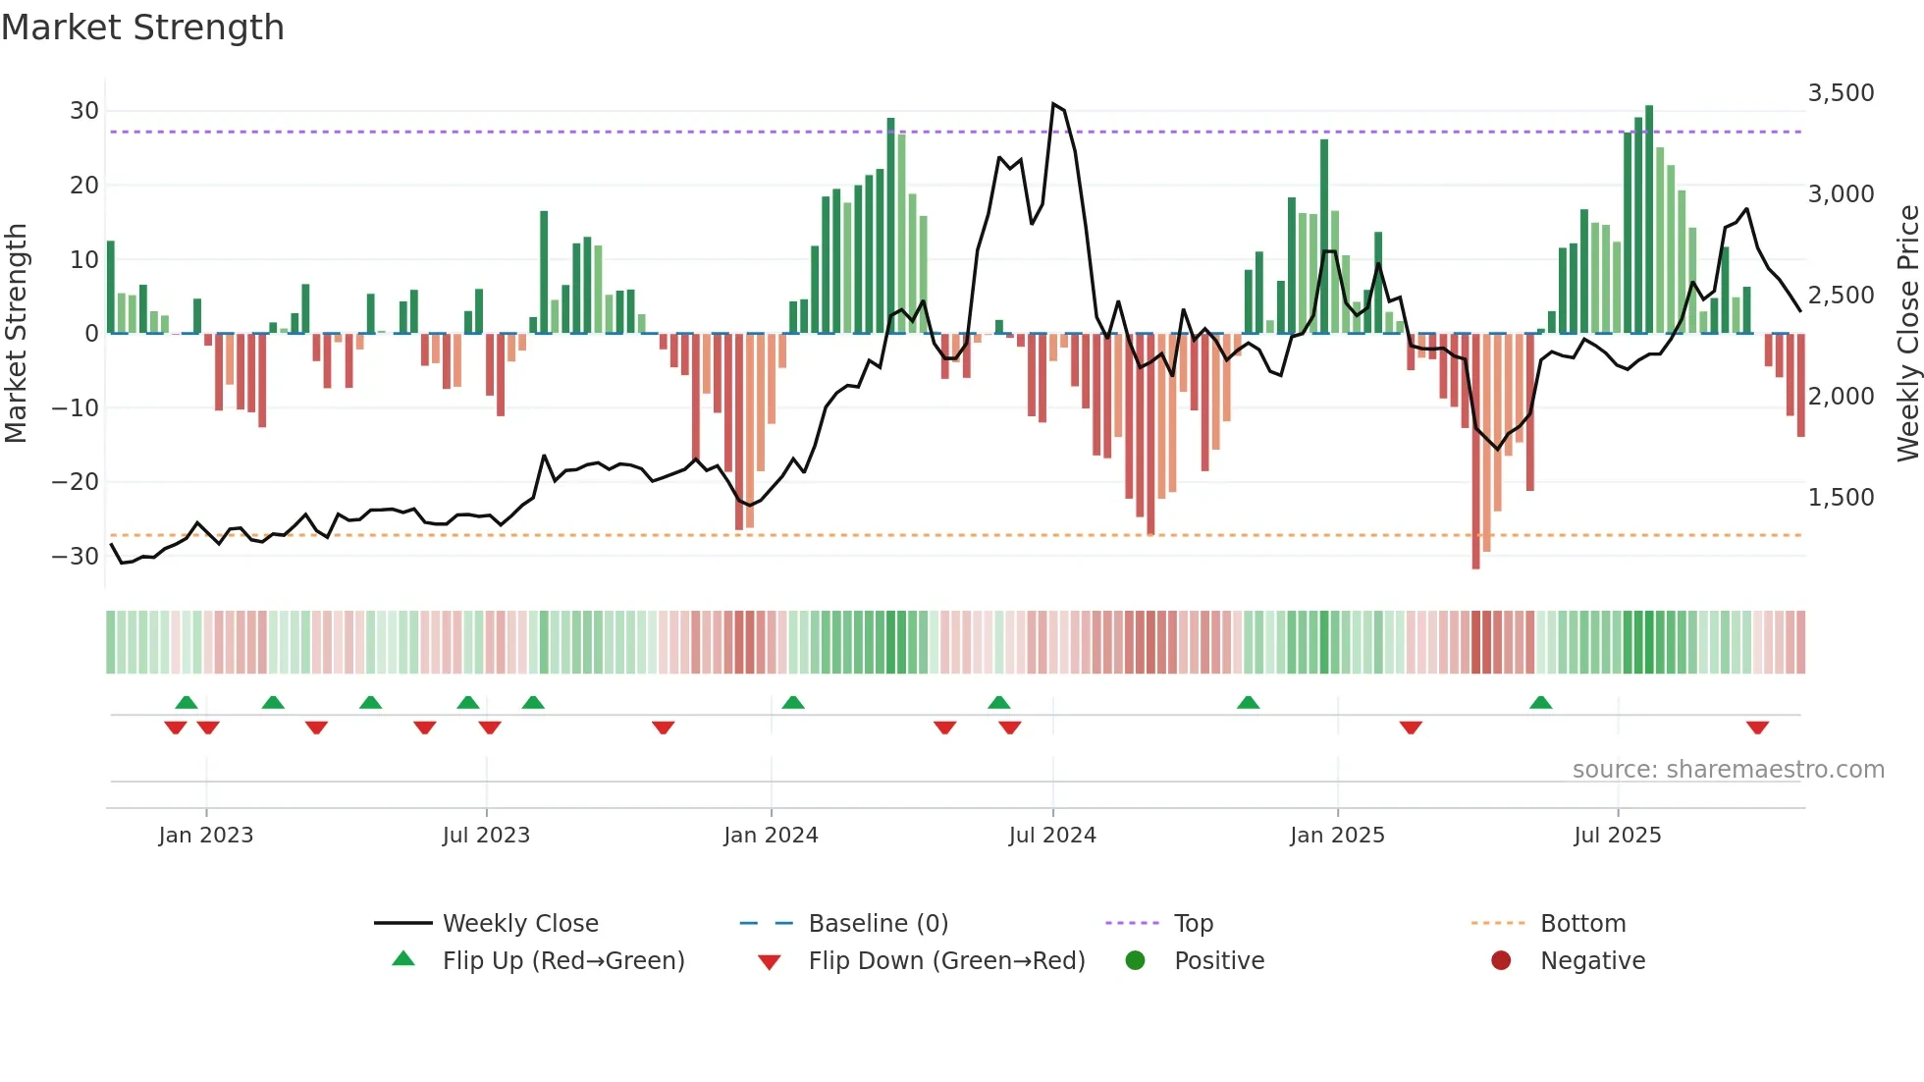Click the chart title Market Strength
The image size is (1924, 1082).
coord(142,27)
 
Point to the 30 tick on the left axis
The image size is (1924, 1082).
coord(84,111)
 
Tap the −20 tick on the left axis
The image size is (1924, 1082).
coord(76,482)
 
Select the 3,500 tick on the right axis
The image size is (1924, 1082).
coord(1841,93)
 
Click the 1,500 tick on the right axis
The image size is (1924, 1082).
coord(1841,498)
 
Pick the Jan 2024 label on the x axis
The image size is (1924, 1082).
coord(771,836)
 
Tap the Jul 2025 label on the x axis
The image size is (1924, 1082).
coord(1617,836)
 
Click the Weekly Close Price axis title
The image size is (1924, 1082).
coord(1907,334)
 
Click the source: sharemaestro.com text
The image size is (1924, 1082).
coord(1728,770)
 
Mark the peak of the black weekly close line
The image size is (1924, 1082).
coord(1053,104)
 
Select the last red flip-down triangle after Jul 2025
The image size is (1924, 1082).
coord(1757,728)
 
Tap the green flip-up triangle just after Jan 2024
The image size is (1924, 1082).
coord(793,702)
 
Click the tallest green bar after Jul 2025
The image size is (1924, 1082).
coord(1649,216)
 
